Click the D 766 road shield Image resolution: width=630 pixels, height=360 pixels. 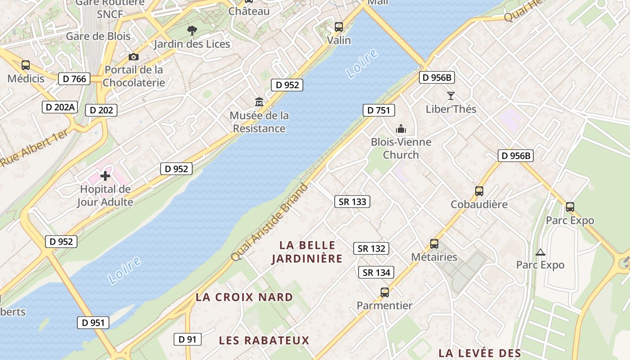[74, 79]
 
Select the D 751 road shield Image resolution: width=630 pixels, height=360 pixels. [378, 110]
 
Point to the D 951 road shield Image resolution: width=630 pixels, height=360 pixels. [93, 322]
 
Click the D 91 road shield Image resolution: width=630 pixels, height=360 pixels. [188, 339]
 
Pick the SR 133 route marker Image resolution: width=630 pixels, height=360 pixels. [352, 202]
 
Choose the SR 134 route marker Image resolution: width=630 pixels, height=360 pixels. [376, 272]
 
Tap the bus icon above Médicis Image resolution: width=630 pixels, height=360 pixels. [26, 65]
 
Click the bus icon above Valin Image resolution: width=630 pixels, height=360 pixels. [339, 27]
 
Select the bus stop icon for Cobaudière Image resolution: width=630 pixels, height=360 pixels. [479, 191]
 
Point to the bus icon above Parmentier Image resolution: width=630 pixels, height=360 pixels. [385, 292]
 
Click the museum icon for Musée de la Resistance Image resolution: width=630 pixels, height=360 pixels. [259, 102]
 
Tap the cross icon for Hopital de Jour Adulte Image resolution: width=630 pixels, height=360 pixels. [105, 175]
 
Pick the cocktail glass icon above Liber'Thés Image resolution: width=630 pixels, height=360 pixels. [451, 95]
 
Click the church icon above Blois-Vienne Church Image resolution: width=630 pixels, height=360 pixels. [401, 129]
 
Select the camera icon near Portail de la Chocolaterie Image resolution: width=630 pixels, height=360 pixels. [134, 57]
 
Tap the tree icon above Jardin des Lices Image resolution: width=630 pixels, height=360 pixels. [192, 31]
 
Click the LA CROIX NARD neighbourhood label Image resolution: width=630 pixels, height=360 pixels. [244, 297]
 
